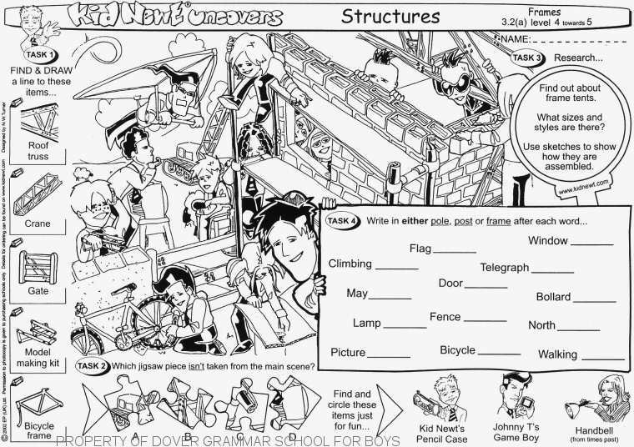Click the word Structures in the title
tap(390, 16)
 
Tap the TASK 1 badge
tap(38, 55)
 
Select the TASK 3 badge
tap(528, 58)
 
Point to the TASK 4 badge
tap(341, 221)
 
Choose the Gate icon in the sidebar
tap(36, 265)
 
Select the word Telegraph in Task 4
tap(504, 268)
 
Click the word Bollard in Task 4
tap(553, 297)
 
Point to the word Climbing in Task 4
tap(350, 264)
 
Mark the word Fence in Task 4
tap(444, 318)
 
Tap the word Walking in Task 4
tap(557, 354)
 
